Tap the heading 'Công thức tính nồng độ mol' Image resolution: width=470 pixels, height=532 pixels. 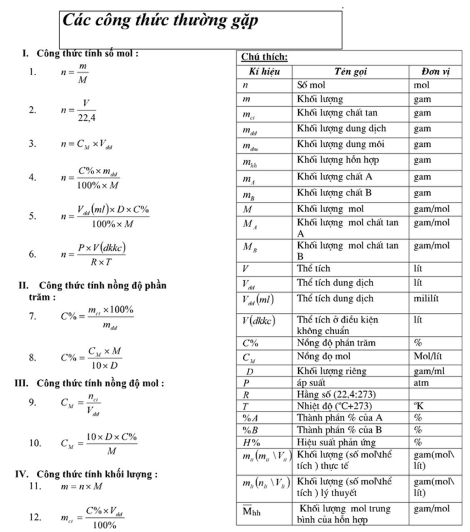(x=100, y=382)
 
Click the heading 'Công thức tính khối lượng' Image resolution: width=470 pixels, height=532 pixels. (x=97, y=474)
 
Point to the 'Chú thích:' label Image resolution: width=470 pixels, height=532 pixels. (x=264, y=57)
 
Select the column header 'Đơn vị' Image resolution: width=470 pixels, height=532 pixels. (x=435, y=72)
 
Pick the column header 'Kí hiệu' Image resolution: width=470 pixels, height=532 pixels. (x=264, y=72)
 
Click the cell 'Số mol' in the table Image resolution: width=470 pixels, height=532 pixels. (x=311, y=85)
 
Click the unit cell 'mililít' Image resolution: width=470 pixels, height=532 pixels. (x=426, y=299)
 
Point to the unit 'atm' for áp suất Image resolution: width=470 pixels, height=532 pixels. (x=421, y=382)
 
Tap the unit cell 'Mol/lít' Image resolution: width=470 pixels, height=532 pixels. (x=428, y=357)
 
